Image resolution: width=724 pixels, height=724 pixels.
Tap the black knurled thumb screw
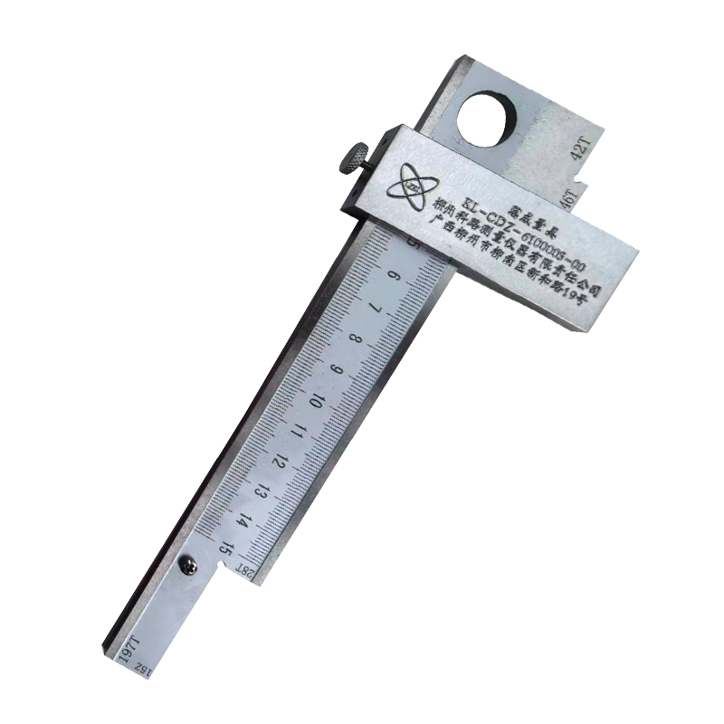click(353, 158)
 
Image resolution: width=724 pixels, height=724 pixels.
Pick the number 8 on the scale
click(356, 343)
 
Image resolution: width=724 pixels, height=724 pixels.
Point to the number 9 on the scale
click(339, 372)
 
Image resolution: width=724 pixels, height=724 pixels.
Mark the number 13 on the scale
click(265, 492)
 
